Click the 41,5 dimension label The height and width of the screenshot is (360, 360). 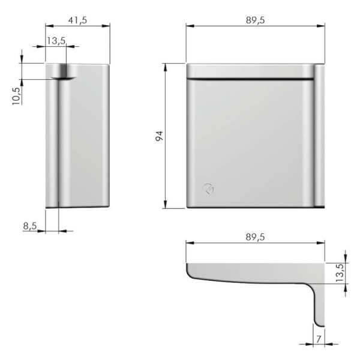click(77, 20)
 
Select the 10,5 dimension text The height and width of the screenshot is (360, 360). click(17, 96)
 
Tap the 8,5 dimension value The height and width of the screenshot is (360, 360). click(30, 226)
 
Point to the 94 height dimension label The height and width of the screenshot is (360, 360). click(159, 136)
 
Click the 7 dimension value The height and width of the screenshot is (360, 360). click(319, 339)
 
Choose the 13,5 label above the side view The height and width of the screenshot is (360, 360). click(56, 41)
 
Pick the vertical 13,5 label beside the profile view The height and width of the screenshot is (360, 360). click(340, 273)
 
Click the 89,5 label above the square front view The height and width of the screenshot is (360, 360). click(256, 20)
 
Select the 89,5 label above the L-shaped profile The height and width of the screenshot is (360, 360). click(256, 237)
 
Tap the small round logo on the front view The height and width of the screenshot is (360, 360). click(208, 189)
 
